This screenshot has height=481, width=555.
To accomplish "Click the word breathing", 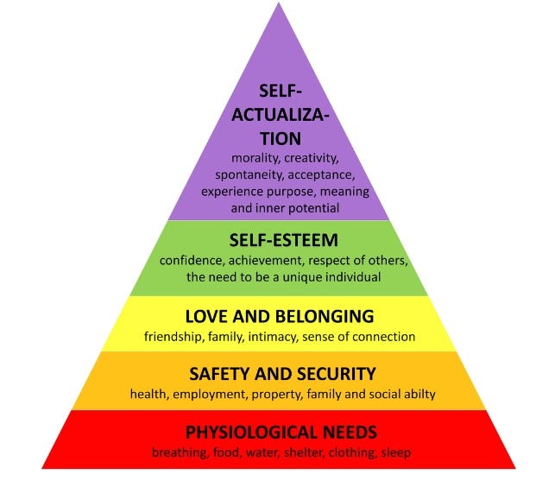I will [179, 452].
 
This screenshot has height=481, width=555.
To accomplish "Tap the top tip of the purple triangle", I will [278, 4].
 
